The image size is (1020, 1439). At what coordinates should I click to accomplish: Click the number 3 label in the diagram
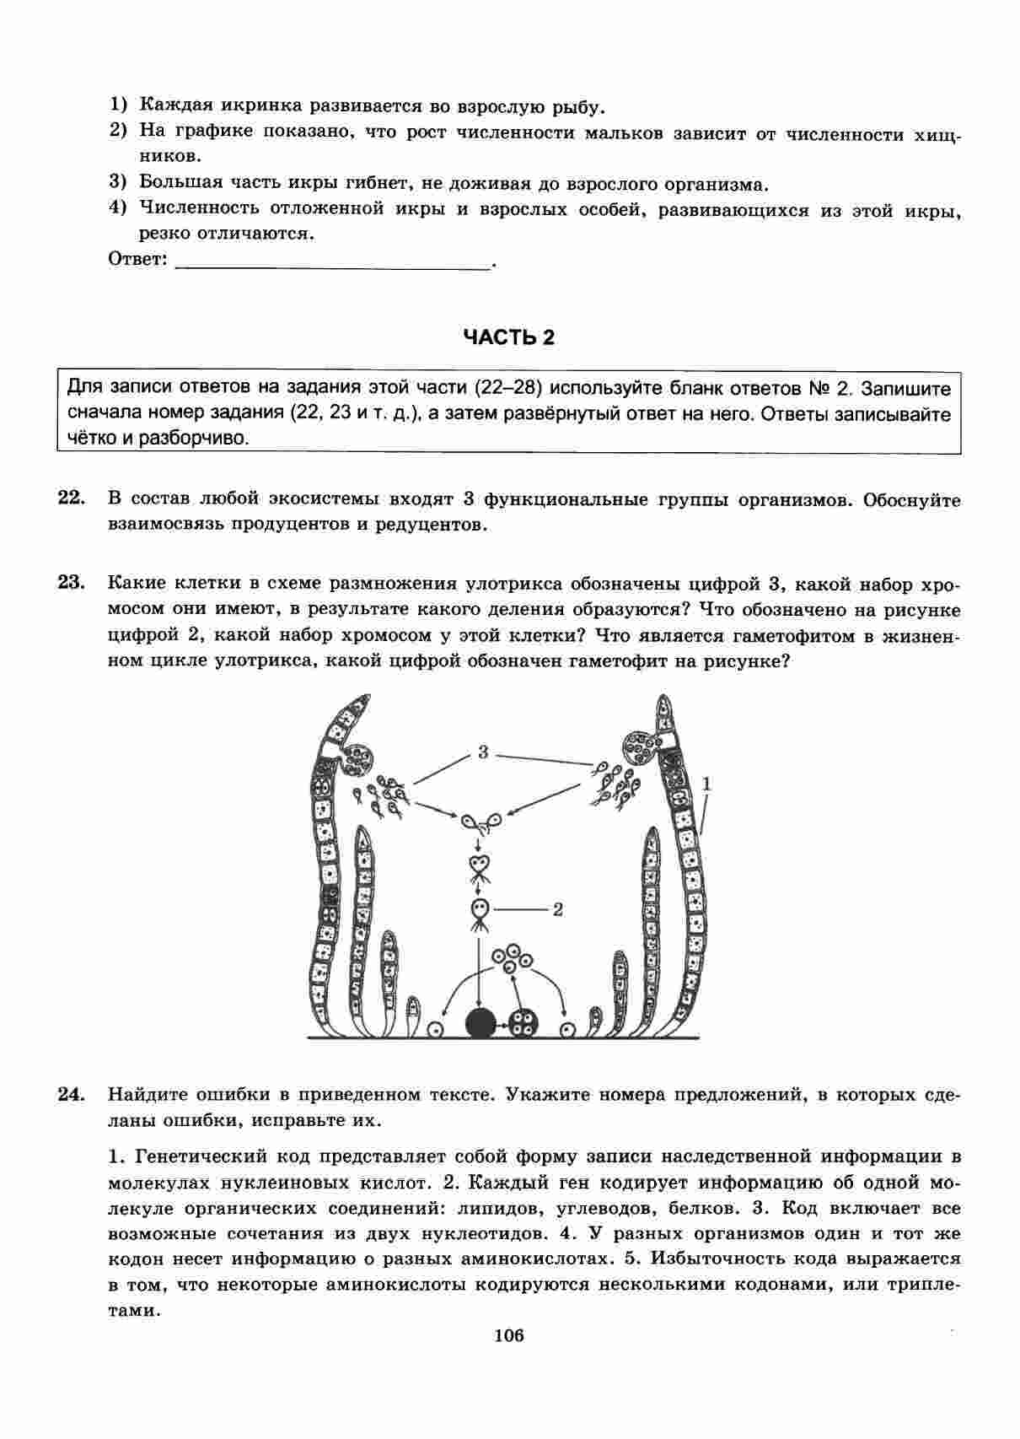pos(483,752)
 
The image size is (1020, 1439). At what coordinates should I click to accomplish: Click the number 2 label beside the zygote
pos(557,909)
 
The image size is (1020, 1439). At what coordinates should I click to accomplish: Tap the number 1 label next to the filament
pos(706,784)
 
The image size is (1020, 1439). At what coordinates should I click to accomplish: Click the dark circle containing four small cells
pos(523,1023)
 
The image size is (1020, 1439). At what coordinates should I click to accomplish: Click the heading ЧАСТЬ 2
pos(509,337)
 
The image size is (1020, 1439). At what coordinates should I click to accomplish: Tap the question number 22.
pos(72,498)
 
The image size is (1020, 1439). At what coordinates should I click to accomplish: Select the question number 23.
pos(72,582)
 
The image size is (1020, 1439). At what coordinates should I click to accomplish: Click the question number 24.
pos(72,1094)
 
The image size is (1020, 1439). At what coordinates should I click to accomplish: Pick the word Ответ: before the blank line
pos(138,260)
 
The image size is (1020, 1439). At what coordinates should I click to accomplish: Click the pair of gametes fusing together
pos(480,820)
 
